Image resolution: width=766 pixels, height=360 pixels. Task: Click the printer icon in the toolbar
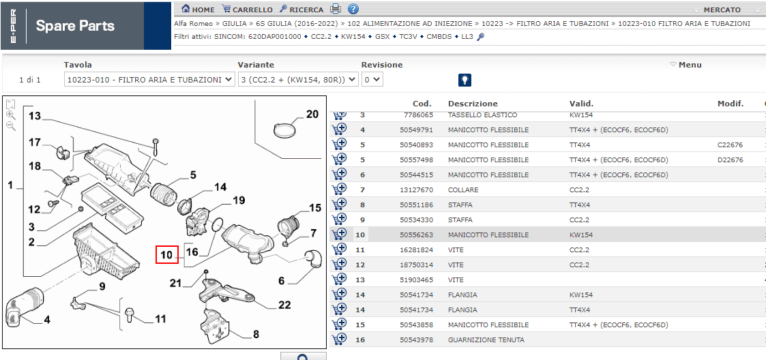[x=335, y=9]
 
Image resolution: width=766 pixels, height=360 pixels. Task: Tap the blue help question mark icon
[x=353, y=9]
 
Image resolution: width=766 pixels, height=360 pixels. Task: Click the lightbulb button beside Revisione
[x=465, y=80]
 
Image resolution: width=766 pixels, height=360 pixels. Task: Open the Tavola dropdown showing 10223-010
[x=149, y=80]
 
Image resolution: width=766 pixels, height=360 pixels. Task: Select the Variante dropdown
[x=298, y=80]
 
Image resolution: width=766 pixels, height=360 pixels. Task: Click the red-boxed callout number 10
[x=166, y=254]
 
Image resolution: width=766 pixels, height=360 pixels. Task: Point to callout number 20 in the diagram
[x=312, y=115]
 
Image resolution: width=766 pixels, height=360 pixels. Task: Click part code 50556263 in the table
[x=416, y=235]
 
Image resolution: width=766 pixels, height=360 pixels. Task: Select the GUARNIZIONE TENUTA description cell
[x=486, y=340]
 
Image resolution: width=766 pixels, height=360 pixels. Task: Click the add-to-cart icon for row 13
[x=340, y=280]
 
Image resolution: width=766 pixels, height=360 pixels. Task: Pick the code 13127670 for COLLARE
[x=416, y=190]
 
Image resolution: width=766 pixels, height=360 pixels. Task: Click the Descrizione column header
[x=473, y=104]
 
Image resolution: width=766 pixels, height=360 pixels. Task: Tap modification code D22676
[x=731, y=160]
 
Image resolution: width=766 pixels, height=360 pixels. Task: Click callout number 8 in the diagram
[x=256, y=335]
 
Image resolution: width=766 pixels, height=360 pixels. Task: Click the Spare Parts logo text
[x=75, y=26]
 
